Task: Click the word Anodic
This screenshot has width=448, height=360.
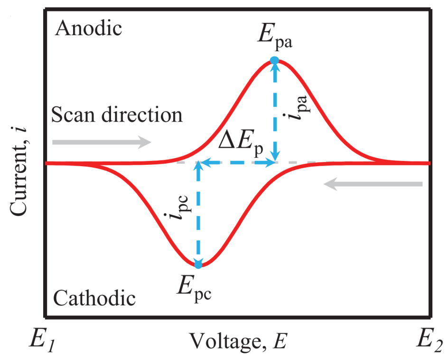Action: point(89,29)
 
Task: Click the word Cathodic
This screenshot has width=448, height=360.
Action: point(94,299)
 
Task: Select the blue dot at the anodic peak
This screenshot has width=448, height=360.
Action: point(274,60)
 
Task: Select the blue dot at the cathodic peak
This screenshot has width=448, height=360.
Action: point(198,265)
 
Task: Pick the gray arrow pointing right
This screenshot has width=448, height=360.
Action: point(102,142)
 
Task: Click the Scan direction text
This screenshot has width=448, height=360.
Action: point(117,115)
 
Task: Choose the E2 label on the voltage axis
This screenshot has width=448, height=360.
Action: point(429,341)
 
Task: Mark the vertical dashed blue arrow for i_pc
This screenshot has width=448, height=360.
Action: point(198,214)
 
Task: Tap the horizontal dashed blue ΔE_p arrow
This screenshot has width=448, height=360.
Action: point(237,163)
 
